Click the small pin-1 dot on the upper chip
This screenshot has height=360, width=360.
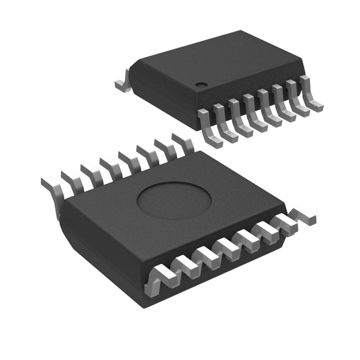tap(199, 85)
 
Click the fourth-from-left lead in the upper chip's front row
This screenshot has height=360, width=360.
tap(252, 112)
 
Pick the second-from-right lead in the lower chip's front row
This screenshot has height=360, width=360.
tap(281, 225)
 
